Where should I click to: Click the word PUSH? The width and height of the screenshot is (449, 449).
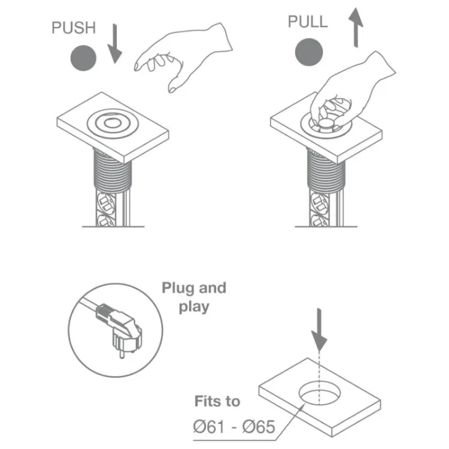click(x=74, y=28)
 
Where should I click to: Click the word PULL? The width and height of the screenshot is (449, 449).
click(x=308, y=22)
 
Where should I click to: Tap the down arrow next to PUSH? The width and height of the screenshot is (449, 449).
click(x=115, y=44)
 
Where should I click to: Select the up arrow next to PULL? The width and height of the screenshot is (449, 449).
click(x=356, y=28)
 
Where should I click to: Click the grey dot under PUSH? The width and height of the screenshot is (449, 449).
click(x=83, y=58)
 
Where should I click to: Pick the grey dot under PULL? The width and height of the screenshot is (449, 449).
click(x=309, y=52)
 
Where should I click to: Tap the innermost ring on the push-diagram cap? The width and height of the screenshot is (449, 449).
click(x=113, y=123)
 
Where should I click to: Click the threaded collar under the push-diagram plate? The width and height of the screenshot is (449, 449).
click(x=113, y=171)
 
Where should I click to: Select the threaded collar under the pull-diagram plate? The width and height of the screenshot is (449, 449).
click(x=326, y=171)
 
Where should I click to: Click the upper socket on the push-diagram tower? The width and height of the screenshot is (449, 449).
click(x=107, y=203)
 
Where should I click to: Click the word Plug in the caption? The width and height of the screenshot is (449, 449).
click(x=178, y=288)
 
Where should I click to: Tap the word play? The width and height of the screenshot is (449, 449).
click(x=194, y=307)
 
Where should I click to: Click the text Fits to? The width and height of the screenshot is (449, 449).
click(x=217, y=401)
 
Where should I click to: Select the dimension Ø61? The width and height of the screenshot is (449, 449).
click(x=209, y=427)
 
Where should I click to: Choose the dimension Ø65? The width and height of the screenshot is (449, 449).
click(x=259, y=427)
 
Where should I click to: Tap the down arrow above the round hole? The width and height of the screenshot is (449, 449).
click(x=319, y=330)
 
